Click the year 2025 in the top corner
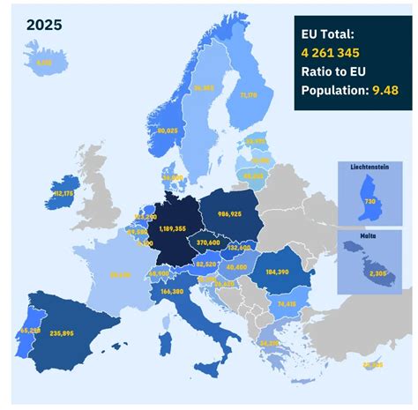(44, 26)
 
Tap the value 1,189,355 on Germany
(172, 228)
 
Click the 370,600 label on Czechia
(208, 242)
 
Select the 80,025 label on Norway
(168, 130)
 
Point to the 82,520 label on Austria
(205, 264)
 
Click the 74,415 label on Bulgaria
(286, 303)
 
